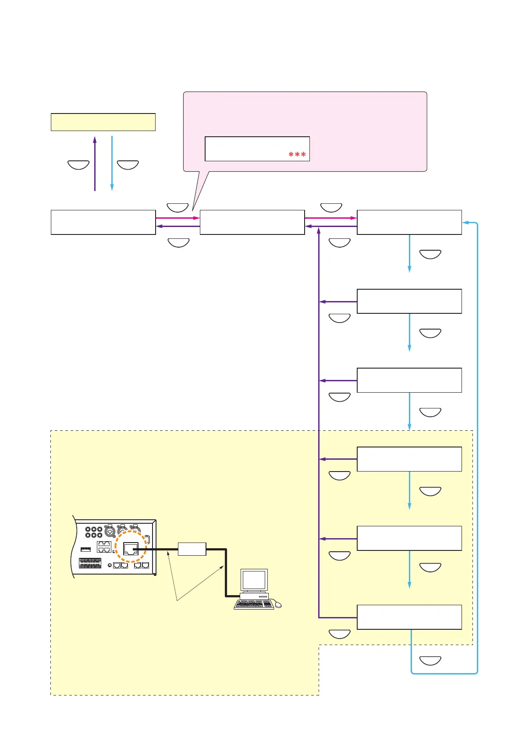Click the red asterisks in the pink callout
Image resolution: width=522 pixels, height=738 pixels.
[x=297, y=155]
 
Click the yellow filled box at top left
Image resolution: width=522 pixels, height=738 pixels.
[x=103, y=122]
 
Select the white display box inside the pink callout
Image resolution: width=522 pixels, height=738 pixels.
[x=257, y=149]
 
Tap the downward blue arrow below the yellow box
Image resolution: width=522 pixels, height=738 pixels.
[x=112, y=163]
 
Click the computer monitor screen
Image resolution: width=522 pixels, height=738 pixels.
[x=254, y=580]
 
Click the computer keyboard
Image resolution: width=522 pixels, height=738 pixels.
[x=254, y=605]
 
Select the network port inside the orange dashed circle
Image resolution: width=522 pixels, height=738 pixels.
[x=131, y=549]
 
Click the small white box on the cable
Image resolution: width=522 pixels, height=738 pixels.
[x=192, y=549]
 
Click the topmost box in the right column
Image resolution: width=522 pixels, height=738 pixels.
[x=409, y=222]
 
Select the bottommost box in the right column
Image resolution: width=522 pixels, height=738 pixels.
[x=409, y=617]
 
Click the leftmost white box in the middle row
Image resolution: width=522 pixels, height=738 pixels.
[x=103, y=222]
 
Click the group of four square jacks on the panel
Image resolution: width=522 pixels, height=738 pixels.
[x=104, y=546]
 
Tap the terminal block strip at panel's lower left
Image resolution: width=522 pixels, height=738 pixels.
[x=90, y=563]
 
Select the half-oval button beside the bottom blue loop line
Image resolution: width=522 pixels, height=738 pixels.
[x=430, y=660]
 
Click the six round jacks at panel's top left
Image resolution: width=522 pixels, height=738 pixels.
[x=94, y=532]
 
